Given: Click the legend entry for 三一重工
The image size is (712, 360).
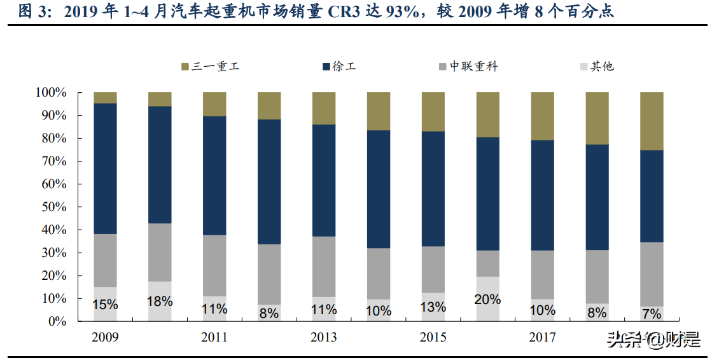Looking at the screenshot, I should [210, 66].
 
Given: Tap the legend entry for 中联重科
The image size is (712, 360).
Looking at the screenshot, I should [468, 66].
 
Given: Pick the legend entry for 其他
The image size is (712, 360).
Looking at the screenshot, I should [596, 66].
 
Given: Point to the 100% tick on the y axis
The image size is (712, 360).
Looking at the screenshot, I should [50, 93].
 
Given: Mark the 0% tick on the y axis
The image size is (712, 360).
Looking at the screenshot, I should [56, 322].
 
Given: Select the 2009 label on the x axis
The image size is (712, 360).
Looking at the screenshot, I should [105, 338].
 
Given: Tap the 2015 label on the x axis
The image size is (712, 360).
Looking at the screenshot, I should [433, 338].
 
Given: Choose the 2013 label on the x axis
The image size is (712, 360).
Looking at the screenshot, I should [324, 338].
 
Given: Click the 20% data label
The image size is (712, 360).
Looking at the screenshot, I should [488, 299].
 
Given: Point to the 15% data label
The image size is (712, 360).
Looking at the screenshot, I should [105, 305].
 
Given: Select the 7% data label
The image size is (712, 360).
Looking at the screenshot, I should [652, 314].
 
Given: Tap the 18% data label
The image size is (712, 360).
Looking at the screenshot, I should [160, 301].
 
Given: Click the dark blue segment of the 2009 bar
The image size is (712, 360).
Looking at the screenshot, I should [105, 169].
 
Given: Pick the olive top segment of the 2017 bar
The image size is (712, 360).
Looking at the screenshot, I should [543, 116].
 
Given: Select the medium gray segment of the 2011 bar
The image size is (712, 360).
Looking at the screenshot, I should [214, 265].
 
